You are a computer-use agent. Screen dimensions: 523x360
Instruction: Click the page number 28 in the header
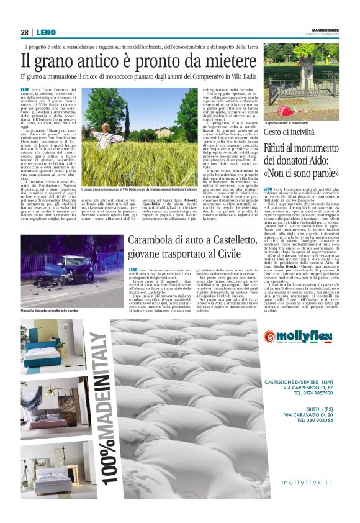tap(24, 32)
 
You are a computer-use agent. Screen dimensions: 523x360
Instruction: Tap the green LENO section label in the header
tap(46, 32)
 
